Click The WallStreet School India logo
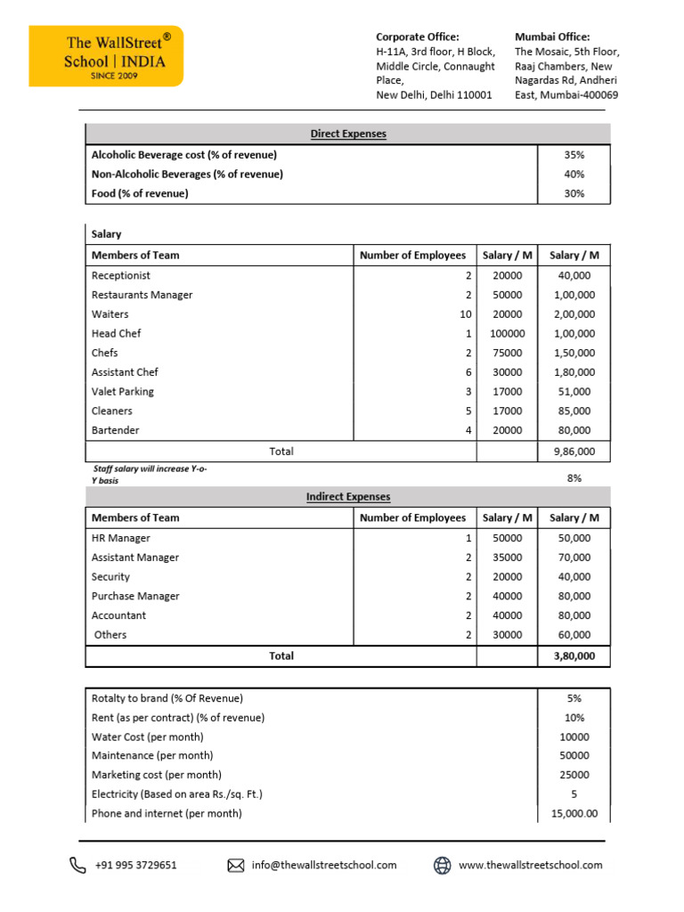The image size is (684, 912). pos(106,55)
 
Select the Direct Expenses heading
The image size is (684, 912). pos(348,134)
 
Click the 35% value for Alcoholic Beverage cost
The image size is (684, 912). pos(574,155)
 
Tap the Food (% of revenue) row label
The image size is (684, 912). pos(140,194)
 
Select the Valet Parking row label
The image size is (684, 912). pos(122,392)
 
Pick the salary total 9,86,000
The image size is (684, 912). pos(574,452)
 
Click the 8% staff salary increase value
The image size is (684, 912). pos(574,478)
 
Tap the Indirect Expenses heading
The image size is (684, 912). pos(348,497)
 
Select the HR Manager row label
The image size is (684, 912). pos(120,539)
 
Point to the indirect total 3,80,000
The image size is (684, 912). pos(574,656)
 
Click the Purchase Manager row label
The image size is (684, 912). pos(135,597)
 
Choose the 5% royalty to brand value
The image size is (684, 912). pos(574,698)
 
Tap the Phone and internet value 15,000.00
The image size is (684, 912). pos(574,814)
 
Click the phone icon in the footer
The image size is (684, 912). pos(78,865)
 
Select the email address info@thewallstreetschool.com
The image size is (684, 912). pos(324,865)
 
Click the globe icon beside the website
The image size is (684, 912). pos(442,865)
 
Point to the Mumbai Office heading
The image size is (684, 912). pos(552,37)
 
